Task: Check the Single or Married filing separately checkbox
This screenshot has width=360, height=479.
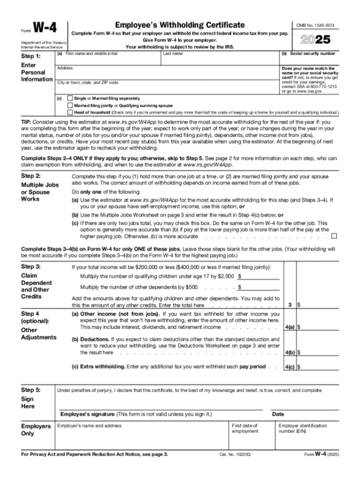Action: coord(70,99)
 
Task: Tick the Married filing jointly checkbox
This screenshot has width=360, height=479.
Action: coord(70,106)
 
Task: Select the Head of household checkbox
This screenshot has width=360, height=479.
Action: coord(70,113)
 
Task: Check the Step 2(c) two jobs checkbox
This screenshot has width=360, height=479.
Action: coord(334,236)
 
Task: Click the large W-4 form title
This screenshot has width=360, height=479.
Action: coord(45,29)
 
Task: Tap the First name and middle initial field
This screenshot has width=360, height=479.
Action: coord(108,60)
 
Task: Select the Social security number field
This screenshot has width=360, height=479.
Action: coord(309,60)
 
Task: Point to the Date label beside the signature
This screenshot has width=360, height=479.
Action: coord(278,414)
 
